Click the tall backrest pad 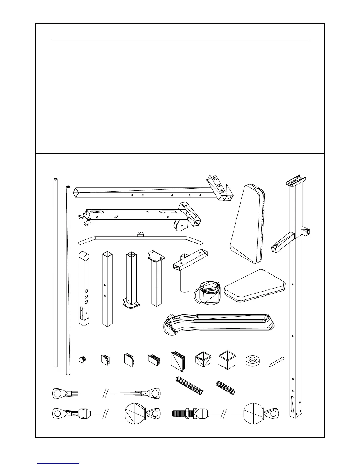(247, 224)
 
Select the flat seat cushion (254, 285)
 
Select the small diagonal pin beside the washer (276, 362)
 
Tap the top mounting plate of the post (156, 256)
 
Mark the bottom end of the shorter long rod (68, 373)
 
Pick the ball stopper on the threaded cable (254, 413)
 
